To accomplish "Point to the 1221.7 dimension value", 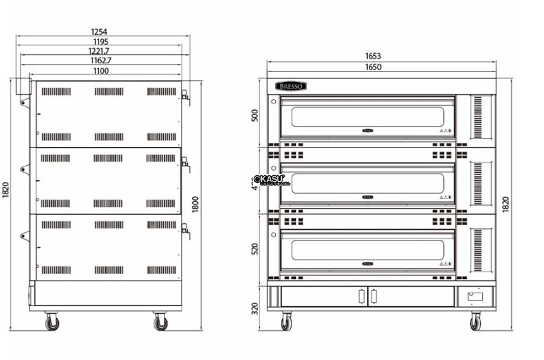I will [99, 51].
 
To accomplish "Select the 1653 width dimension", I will [381, 56].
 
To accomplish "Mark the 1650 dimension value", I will [381, 66].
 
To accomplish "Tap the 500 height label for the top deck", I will [256, 116].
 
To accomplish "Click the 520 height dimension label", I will [256, 247].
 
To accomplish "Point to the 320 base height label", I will [256, 308].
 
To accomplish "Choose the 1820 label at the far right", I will [505, 204].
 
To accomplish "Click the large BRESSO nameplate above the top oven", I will [290, 86].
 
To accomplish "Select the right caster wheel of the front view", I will [475, 323].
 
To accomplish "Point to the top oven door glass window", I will [368, 117].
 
